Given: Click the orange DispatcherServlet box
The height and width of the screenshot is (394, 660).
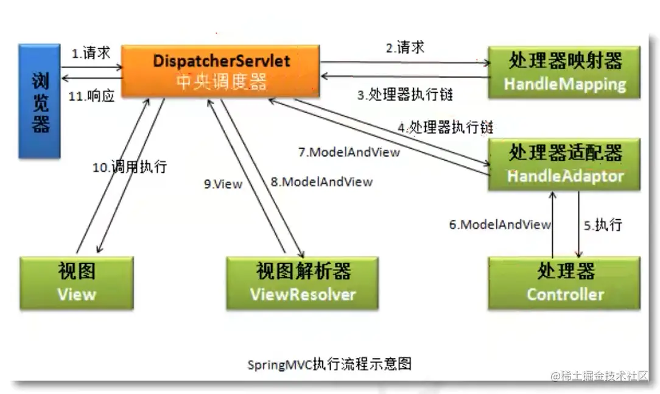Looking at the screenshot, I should pos(221,72).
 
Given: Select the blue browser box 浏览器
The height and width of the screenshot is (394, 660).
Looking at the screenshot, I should pos(40,101).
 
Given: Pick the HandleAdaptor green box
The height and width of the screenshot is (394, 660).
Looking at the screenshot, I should pos(564,164).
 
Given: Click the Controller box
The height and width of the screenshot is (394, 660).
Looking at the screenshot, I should pos(564,283).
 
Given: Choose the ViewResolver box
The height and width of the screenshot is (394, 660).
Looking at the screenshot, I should pos(303,283).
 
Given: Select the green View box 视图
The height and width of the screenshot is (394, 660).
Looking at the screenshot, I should pos(77,283).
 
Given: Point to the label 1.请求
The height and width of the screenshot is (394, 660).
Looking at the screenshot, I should pos(91,53).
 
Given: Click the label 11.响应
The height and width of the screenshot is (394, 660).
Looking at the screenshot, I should pos(92,96).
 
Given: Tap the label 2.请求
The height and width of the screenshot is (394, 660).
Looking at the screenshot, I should pos(405,47).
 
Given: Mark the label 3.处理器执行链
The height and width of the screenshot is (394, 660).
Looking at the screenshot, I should pos(405,94).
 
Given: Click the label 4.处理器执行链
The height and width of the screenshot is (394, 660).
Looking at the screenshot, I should pos(445,127).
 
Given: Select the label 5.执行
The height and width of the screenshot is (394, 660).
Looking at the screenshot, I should pos(603,225).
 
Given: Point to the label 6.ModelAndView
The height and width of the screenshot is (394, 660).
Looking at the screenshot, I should pos(500,225).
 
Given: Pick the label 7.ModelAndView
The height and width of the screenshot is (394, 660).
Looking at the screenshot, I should pos(349,152).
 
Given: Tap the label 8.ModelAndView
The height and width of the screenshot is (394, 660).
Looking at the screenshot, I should pos(321,181).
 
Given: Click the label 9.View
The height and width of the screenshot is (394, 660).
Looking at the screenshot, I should pos(223,184).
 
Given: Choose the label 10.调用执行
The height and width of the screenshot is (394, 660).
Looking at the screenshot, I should pos(129,167).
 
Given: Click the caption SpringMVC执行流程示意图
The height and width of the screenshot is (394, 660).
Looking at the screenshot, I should pos(329,364).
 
